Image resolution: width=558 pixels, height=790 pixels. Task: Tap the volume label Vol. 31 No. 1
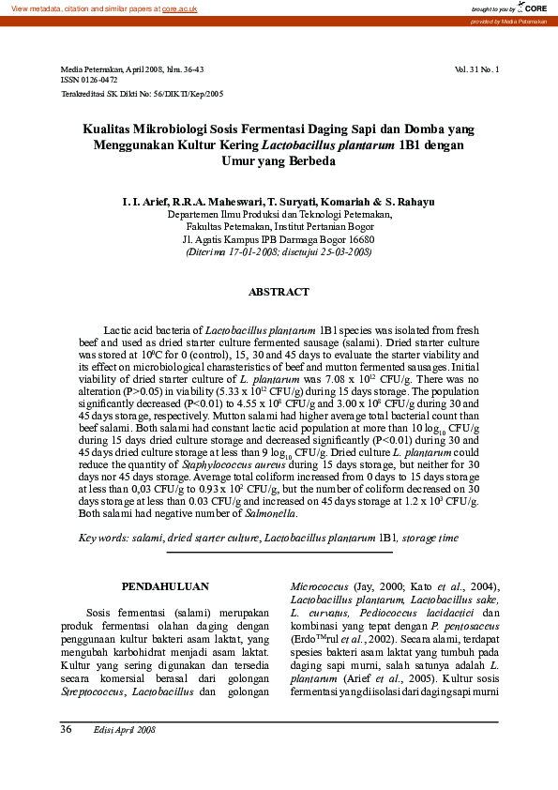pos(476,69)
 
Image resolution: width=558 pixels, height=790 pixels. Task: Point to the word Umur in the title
pos(238,161)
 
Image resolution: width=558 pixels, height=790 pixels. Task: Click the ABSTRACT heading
pos(279,292)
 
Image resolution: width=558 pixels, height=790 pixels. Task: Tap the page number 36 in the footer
pos(67,729)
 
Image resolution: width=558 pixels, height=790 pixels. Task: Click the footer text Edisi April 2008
pos(124,729)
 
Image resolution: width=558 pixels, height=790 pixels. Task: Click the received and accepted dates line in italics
pos(279,251)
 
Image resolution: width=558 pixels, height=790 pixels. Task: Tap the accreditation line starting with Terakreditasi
pos(142,94)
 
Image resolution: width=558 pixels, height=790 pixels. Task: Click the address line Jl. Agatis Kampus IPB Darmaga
pos(279,239)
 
